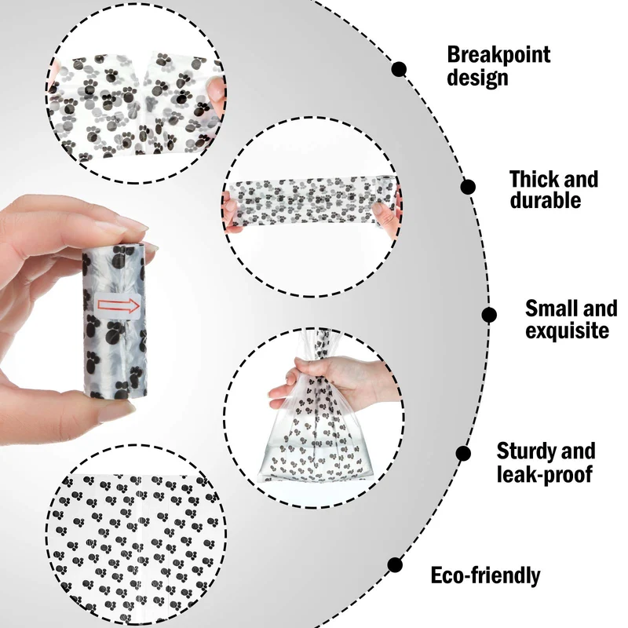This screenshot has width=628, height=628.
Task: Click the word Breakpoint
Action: point(498,54)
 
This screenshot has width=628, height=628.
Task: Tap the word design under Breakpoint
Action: point(477,77)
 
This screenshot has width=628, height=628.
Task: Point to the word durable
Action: point(546,199)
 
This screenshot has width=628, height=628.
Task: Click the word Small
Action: point(551,309)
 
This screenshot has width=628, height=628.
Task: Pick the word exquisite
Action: point(567,330)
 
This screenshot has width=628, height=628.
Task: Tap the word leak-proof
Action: point(544,474)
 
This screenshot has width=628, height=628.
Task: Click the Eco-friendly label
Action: point(485,575)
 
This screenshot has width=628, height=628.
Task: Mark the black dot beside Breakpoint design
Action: point(399,69)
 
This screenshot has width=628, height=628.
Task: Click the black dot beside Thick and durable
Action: point(468,187)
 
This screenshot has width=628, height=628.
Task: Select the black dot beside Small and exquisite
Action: point(489,315)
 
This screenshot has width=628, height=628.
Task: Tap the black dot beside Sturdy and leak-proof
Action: point(463,454)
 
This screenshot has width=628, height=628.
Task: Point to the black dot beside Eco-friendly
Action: point(395,564)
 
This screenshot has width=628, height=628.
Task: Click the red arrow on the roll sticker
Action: point(119,306)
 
